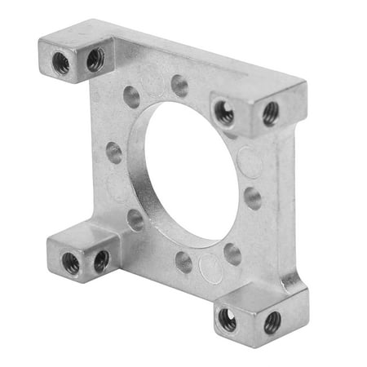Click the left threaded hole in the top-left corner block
[x=61, y=65]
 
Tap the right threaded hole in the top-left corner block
[x=95, y=58]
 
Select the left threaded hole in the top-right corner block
[x=224, y=113]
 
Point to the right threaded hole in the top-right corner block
[x=270, y=113]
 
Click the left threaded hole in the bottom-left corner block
[x=71, y=263]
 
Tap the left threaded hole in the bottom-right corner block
[x=228, y=321]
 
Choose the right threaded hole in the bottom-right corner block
[x=272, y=321]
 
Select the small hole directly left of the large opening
[x=114, y=153]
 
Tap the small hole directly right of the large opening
[x=253, y=198]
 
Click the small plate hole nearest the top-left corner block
[x=131, y=97]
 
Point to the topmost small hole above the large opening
[x=179, y=86]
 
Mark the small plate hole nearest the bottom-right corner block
[x=232, y=254]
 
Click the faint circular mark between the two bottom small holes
[x=210, y=267]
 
